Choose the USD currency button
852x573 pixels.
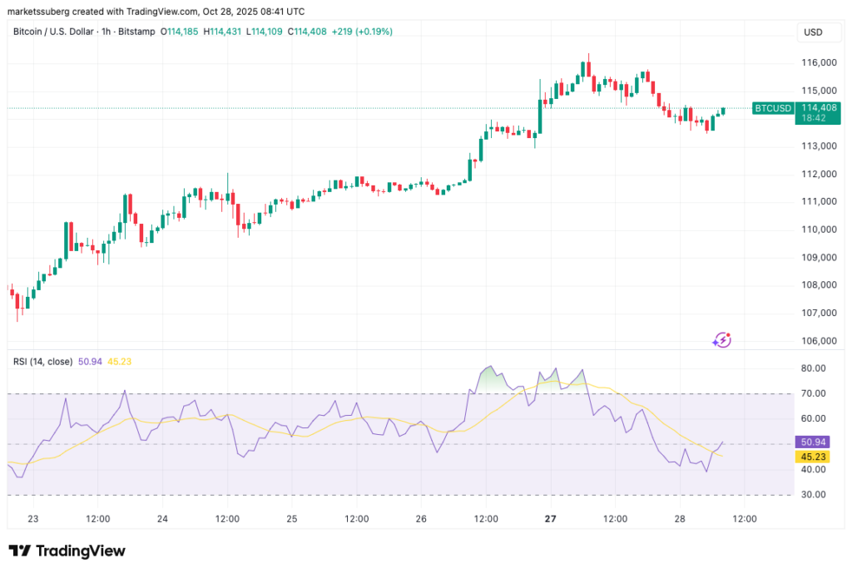pyautogui.click(x=812, y=32)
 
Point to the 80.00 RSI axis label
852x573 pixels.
pyautogui.click(x=812, y=368)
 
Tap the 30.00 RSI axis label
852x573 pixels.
pyautogui.click(x=812, y=495)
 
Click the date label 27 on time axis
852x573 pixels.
pyautogui.click(x=551, y=519)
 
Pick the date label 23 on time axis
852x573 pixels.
pyautogui.click(x=33, y=519)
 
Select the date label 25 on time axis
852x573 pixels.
pyautogui.click(x=292, y=519)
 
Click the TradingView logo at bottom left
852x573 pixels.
pyautogui.click(x=67, y=551)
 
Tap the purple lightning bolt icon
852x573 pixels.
pyautogui.click(x=721, y=339)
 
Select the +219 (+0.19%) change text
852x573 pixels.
pyautogui.click(x=362, y=32)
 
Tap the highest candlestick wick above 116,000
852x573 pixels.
pyautogui.click(x=588, y=56)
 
